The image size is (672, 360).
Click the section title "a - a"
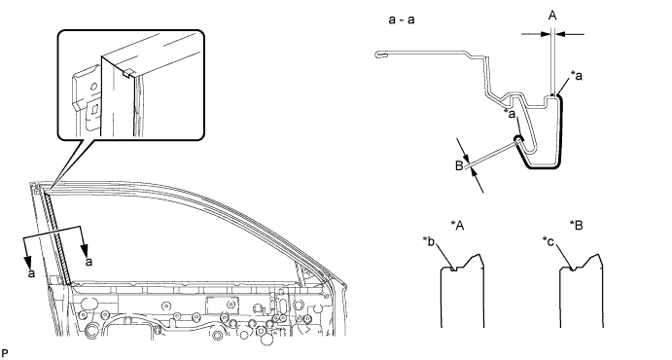pyautogui.click(x=402, y=19)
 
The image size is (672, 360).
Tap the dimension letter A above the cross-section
pyautogui.click(x=552, y=16)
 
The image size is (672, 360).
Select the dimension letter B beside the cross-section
pyautogui.click(x=459, y=165)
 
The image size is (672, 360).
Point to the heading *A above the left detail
pyautogui.click(x=457, y=225)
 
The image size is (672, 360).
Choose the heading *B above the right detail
pyautogui.click(x=577, y=225)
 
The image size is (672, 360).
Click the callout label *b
pyautogui.click(x=429, y=242)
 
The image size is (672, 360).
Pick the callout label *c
pyautogui.click(x=548, y=242)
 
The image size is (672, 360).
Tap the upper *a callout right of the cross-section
pyautogui.click(x=577, y=76)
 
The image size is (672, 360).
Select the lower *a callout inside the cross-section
pyautogui.click(x=510, y=114)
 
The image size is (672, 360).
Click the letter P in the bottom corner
pyautogui.click(x=5, y=353)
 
